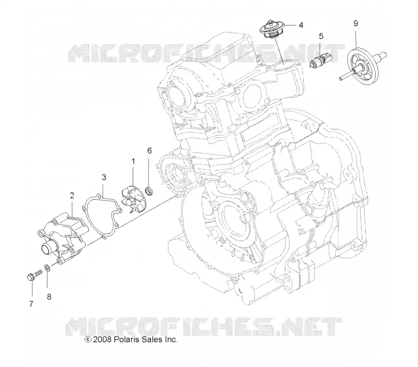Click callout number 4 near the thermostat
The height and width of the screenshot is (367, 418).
coord(301,25)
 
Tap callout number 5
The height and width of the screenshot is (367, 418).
coord(321,36)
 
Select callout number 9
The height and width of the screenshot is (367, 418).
coord(356,23)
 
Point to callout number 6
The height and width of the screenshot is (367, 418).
coord(149,151)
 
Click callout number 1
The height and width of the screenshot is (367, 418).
coord(133,161)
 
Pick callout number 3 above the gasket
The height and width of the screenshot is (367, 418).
coord(104,177)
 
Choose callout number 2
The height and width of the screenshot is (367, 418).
coord(72,196)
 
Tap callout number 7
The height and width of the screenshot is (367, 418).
coord(31,304)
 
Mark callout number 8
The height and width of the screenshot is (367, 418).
coord(49,297)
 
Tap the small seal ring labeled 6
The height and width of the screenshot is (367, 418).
coord(149,191)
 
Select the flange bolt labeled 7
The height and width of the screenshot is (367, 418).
coord(34,275)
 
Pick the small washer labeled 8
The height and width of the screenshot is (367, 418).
coord(47,268)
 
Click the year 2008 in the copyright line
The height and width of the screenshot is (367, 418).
coord(102,339)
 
